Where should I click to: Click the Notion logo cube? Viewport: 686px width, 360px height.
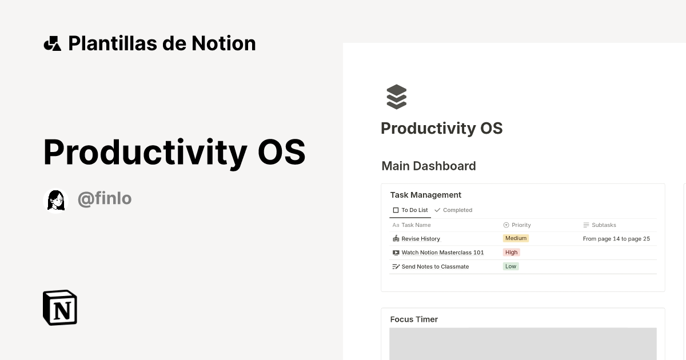(x=60, y=307)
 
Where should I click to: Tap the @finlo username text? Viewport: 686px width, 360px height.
(x=105, y=199)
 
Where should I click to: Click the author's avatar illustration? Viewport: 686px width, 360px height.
(x=56, y=200)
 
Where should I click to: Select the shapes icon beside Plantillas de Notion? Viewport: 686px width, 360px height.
(x=53, y=43)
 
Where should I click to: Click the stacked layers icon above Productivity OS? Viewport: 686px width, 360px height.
(x=396, y=97)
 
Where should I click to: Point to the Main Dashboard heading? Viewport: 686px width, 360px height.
(x=429, y=166)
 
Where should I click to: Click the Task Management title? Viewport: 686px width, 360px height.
(x=425, y=195)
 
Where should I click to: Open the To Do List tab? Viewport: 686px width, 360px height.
(x=410, y=210)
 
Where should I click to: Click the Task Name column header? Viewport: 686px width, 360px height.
(x=416, y=225)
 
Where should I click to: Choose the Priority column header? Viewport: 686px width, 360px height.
(x=521, y=225)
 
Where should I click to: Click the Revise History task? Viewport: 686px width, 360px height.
(x=420, y=239)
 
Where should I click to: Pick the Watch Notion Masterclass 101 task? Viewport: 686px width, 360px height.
(x=442, y=253)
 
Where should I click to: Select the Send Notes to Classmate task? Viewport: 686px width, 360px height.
(x=434, y=267)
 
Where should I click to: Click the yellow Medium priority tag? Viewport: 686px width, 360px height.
(x=516, y=238)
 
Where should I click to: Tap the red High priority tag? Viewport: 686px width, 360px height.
(x=511, y=253)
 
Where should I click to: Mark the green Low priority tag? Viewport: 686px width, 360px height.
(x=510, y=266)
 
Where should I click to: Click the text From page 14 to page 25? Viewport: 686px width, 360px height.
(x=616, y=239)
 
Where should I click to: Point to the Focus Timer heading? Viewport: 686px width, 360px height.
(x=414, y=319)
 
